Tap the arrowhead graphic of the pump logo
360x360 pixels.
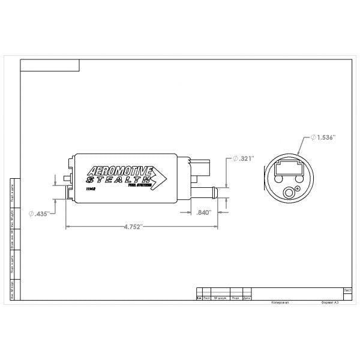tap(160, 178)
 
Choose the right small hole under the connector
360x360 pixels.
tap(298, 178)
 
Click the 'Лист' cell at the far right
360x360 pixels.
tap(347, 289)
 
